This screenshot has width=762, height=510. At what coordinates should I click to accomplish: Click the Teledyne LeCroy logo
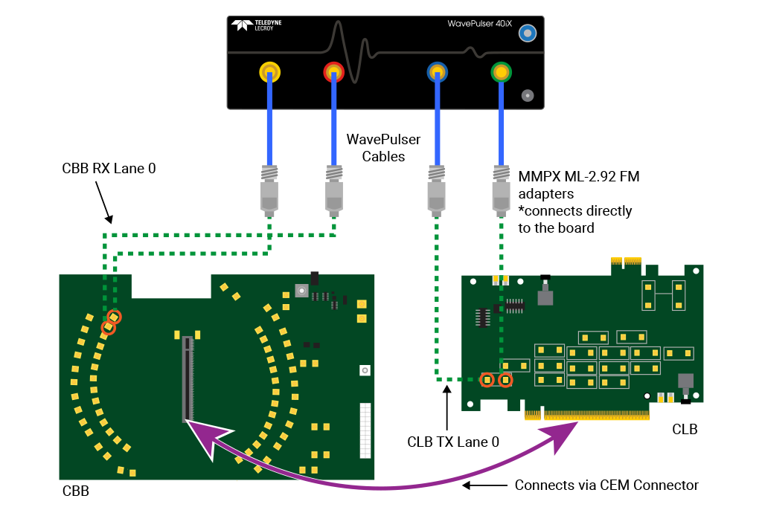(x=256, y=25)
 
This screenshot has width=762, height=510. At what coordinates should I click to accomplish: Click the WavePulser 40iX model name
(x=479, y=24)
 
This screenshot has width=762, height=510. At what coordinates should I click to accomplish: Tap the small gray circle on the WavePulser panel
(x=528, y=95)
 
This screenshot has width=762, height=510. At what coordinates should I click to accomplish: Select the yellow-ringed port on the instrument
(x=269, y=72)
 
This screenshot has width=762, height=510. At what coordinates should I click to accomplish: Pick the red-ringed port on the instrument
(x=333, y=72)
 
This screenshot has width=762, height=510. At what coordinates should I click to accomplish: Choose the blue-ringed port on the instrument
(x=437, y=72)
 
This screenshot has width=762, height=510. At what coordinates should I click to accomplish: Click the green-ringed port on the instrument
(x=502, y=72)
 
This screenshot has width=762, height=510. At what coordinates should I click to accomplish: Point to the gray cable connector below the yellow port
(x=269, y=190)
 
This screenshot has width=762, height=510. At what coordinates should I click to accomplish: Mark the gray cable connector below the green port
(x=502, y=190)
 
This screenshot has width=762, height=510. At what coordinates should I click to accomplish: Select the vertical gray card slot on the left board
(x=188, y=379)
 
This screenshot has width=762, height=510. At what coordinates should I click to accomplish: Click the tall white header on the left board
(x=365, y=430)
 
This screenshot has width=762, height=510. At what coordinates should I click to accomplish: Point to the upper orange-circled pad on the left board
(x=114, y=317)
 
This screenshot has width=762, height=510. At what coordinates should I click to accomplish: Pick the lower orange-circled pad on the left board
(x=108, y=327)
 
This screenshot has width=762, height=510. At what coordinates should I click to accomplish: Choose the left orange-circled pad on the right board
(x=487, y=380)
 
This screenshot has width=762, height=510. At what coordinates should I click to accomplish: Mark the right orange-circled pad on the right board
(x=505, y=380)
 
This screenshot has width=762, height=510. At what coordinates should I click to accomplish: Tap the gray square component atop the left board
(x=301, y=291)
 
